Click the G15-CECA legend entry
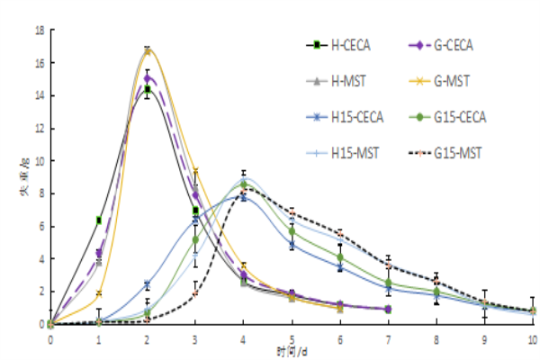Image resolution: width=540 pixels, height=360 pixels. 447,116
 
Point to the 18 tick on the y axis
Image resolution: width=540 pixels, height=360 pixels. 40,31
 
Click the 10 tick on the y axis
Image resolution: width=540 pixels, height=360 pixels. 40,161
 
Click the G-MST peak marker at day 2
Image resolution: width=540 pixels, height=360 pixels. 148,50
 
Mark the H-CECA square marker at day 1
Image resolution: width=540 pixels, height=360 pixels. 99,220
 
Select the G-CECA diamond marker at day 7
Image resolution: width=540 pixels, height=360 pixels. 388,309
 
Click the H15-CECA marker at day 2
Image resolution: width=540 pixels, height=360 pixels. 148,285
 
